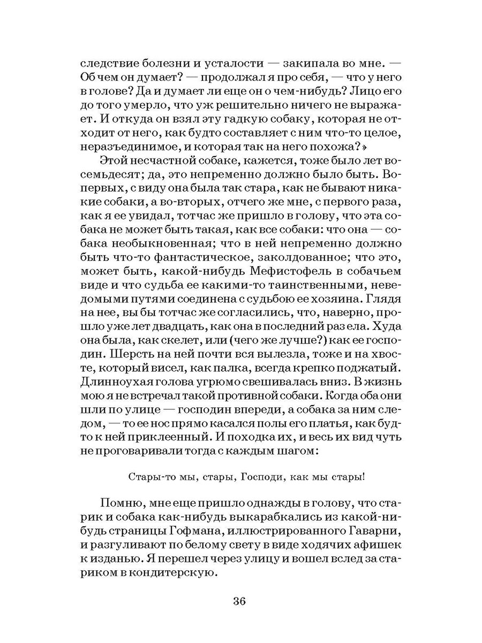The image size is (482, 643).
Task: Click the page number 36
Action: tap(239, 601)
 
